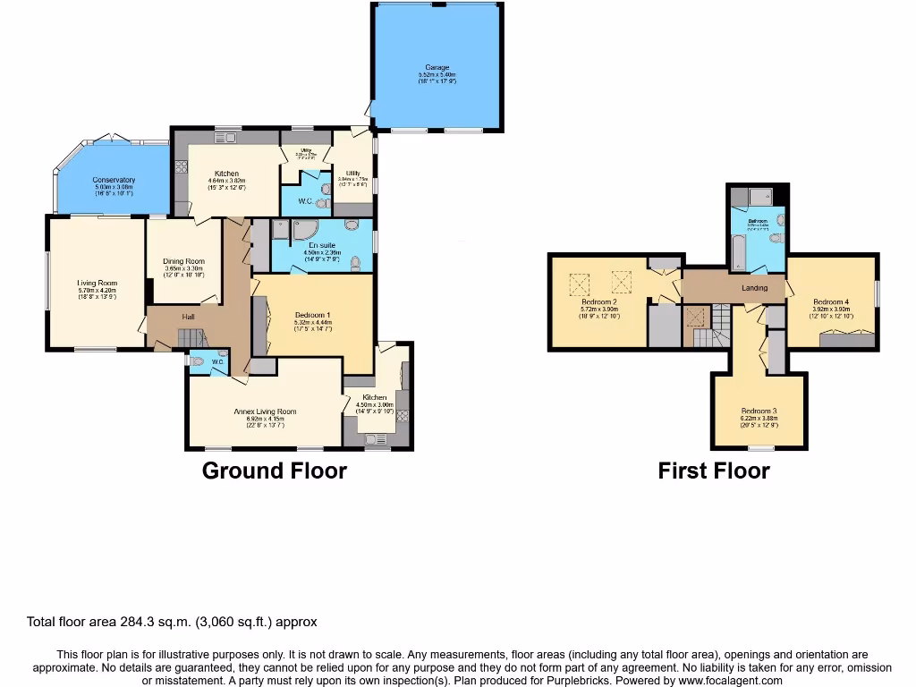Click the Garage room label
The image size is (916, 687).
click(x=437, y=67)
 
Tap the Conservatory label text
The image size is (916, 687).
click(x=114, y=180)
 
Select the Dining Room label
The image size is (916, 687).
click(x=183, y=261)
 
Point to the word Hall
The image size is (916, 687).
click(x=189, y=317)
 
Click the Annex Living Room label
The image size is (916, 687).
click(x=265, y=411)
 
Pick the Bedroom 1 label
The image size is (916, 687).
click(x=313, y=315)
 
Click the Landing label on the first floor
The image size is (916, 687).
click(x=755, y=288)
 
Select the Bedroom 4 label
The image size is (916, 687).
click(x=830, y=301)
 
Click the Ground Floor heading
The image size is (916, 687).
click(x=274, y=471)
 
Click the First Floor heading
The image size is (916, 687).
click(x=714, y=471)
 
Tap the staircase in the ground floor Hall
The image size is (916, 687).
click(x=191, y=338)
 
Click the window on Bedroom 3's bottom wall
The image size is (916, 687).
click(x=760, y=448)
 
